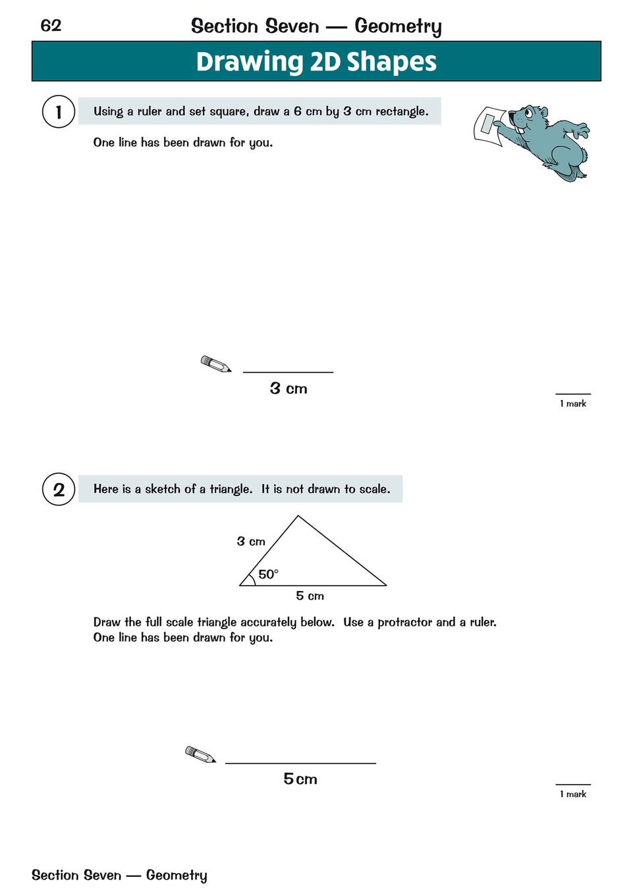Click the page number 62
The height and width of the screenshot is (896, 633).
(51, 26)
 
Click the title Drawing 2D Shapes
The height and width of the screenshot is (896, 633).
(316, 62)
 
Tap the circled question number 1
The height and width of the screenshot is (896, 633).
(59, 111)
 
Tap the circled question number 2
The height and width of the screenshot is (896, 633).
(59, 490)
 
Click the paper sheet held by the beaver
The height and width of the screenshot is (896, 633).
(490, 125)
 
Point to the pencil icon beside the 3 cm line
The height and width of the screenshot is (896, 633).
(215, 364)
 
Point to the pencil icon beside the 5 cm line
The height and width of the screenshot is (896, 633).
(200, 754)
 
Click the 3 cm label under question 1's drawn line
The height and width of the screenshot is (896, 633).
(289, 389)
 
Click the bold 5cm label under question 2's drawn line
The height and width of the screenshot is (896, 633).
(300, 779)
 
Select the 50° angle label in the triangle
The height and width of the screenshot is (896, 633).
(268, 574)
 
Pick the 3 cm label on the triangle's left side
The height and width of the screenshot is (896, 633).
(251, 542)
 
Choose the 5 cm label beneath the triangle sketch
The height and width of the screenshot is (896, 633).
(310, 596)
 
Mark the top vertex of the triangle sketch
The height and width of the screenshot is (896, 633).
(298, 517)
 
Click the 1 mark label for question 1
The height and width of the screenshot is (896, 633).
(573, 404)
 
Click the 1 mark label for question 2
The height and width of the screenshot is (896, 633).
(573, 795)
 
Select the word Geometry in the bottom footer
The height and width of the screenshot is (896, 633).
(177, 876)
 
